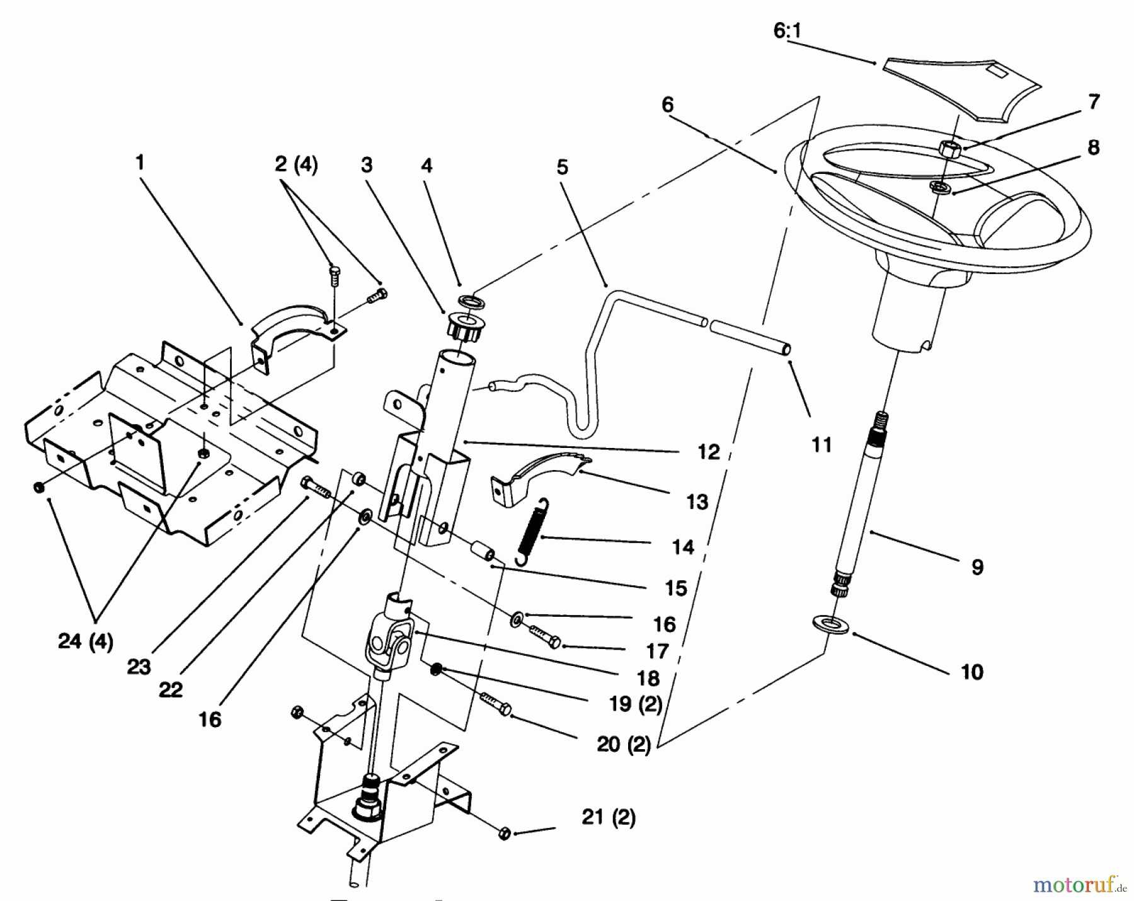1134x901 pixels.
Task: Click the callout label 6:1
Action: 787,32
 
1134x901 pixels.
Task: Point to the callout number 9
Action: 976,568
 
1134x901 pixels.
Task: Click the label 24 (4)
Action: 85,642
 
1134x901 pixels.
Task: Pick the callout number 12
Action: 708,452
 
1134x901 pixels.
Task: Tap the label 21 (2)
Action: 608,818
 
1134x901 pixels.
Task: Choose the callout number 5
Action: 562,168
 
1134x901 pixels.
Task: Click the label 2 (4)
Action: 296,166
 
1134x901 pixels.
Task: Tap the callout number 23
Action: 139,667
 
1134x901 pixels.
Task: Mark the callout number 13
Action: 697,502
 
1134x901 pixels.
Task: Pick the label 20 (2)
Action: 624,745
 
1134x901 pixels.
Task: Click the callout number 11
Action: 822,445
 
